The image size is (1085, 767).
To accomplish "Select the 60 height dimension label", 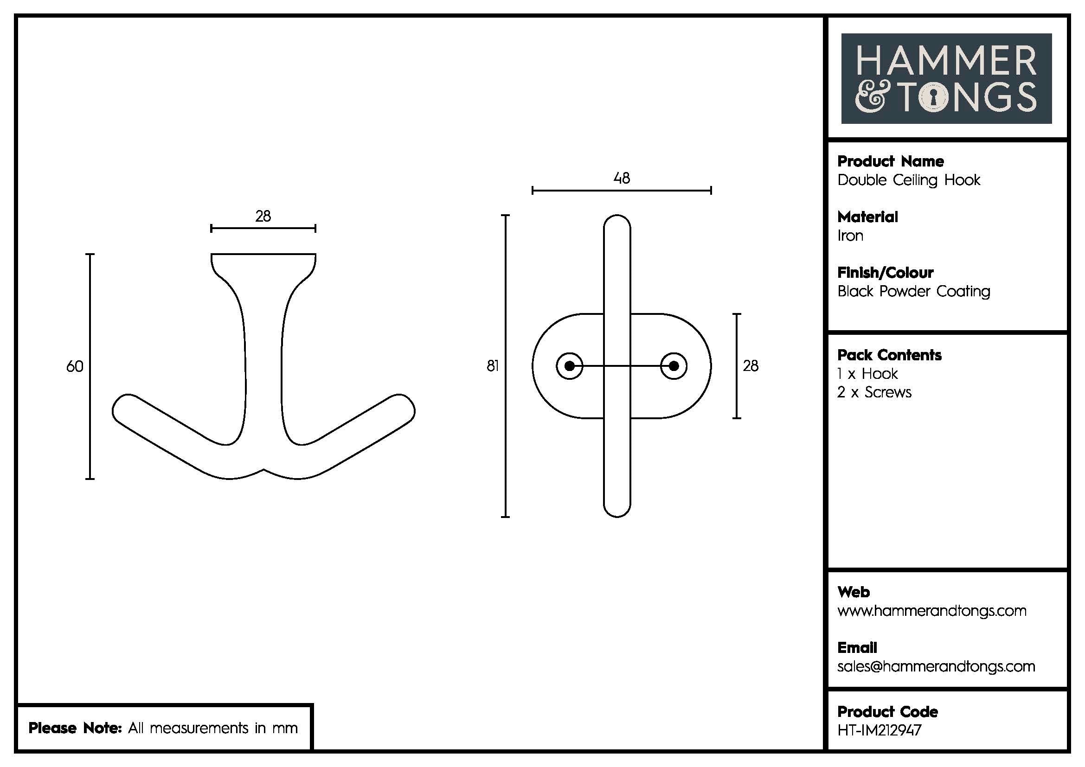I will pyautogui.click(x=75, y=366).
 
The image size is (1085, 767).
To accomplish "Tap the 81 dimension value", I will pyautogui.click(x=493, y=366).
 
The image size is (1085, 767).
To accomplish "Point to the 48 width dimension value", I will pyautogui.click(x=622, y=178).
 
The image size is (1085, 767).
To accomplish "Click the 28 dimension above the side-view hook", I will pyautogui.click(x=263, y=216).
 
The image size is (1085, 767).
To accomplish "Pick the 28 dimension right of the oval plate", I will pyautogui.click(x=751, y=366).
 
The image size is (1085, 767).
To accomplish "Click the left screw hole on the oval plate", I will pyautogui.click(x=570, y=366).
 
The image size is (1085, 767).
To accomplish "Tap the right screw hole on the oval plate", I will pyautogui.click(x=674, y=366).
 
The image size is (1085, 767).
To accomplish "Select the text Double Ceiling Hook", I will pyautogui.click(x=908, y=180).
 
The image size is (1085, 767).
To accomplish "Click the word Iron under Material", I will pyautogui.click(x=850, y=236).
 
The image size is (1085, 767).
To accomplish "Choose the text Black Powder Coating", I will pyautogui.click(x=913, y=291).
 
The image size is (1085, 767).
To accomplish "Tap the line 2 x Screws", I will pyautogui.click(x=874, y=392).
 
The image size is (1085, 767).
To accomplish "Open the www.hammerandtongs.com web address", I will pyautogui.click(x=931, y=611).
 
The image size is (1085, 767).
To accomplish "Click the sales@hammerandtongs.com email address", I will pyautogui.click(x=936, y=666).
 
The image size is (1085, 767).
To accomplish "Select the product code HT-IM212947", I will pyautogui.click(x=879, y=730).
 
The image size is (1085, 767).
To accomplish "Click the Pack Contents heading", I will pyautogui.click(x=889, y=355).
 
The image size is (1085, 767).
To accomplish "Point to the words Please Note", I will pyautogui.click(x=76, y=728).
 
